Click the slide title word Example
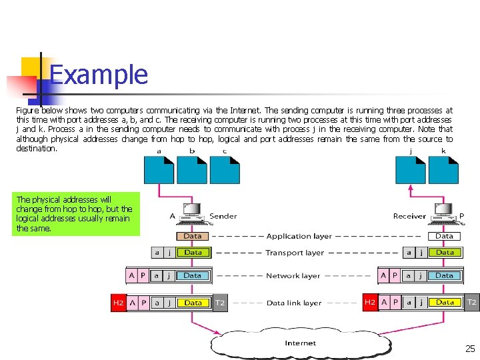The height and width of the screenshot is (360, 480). (99, 74)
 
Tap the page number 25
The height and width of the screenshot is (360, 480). (470, 349)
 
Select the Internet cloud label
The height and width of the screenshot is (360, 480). (300, 343)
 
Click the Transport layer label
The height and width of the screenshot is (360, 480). (294, 253)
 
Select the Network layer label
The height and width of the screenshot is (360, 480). (293, 275)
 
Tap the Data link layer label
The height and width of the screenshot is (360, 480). (294, 303)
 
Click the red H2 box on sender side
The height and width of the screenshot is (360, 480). (118, 303)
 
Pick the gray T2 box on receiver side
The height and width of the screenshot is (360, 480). (471, 302)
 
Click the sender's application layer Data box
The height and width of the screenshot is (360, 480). (193, 236)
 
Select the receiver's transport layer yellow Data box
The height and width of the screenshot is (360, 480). (445, 253)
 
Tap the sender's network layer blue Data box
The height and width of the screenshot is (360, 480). (193, 275)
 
